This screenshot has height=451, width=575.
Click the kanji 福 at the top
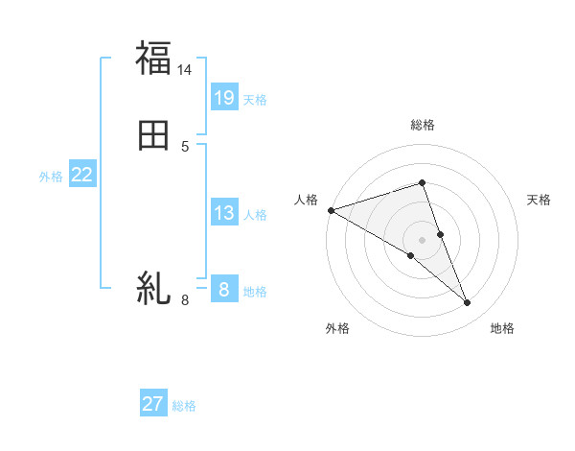coord(153,58)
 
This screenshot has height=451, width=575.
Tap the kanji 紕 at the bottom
coord(153,288)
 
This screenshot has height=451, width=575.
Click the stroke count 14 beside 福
coord(185,70)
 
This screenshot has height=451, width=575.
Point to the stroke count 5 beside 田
coord(185,147)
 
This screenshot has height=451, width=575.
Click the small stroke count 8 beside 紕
coord(185,300)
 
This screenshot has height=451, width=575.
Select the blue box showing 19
coord(224,97)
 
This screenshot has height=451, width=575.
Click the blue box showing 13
coord(224,212)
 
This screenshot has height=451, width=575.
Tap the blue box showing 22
coord(82,175)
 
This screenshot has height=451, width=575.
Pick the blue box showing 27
coord(153,404)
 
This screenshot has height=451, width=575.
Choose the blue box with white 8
coord(224,289)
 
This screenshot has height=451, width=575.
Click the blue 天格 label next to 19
coord(255,100)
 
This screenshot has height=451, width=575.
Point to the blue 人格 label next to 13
coord(255,215)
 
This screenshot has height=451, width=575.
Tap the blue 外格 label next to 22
coord(51,177)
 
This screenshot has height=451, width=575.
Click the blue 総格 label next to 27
coord(184,407)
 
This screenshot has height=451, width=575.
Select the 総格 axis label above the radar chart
coord(422,126)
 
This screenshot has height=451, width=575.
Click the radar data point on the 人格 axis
coord(331,210)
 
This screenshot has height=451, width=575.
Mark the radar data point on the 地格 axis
coord(467,302)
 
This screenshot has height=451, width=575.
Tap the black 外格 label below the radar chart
coord(337,329)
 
